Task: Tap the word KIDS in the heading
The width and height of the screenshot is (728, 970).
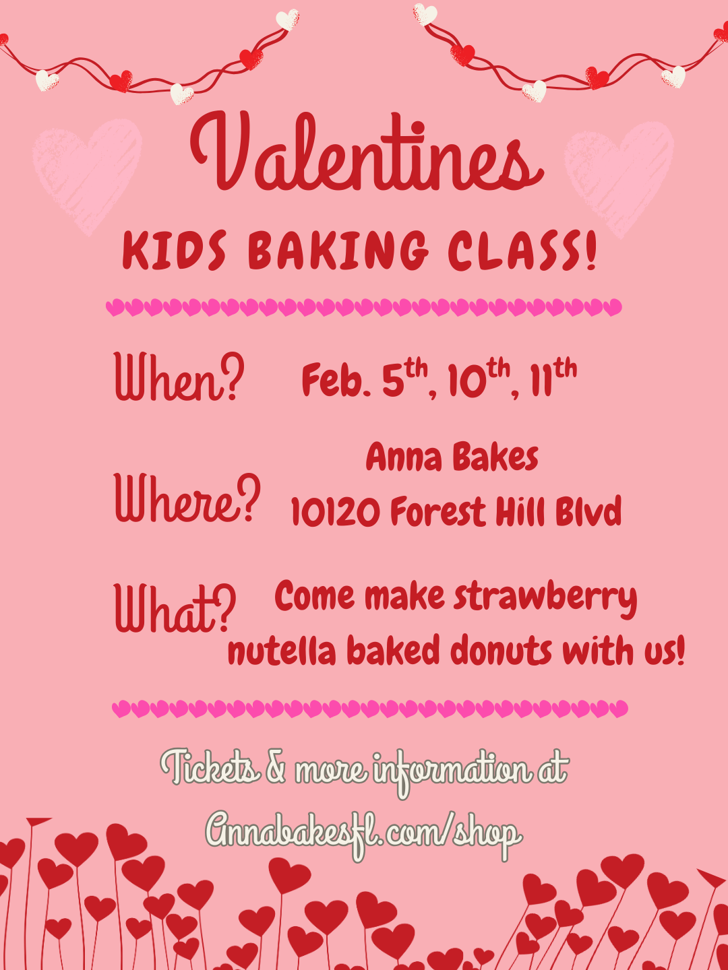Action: click(x=175, y=251)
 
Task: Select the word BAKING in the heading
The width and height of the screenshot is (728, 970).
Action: click(x=338, y=251)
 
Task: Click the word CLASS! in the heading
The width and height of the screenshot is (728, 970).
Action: click(x=523, y=251)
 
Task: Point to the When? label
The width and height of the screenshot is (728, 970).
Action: click(x=179, y=377)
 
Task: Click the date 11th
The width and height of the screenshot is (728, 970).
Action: click(x=553, y=379)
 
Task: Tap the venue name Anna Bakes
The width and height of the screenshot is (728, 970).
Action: click(x=452, y=458)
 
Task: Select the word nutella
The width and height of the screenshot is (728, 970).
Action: click(x=282, y=652)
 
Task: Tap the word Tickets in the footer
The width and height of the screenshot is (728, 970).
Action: click(x=210, y=768)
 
